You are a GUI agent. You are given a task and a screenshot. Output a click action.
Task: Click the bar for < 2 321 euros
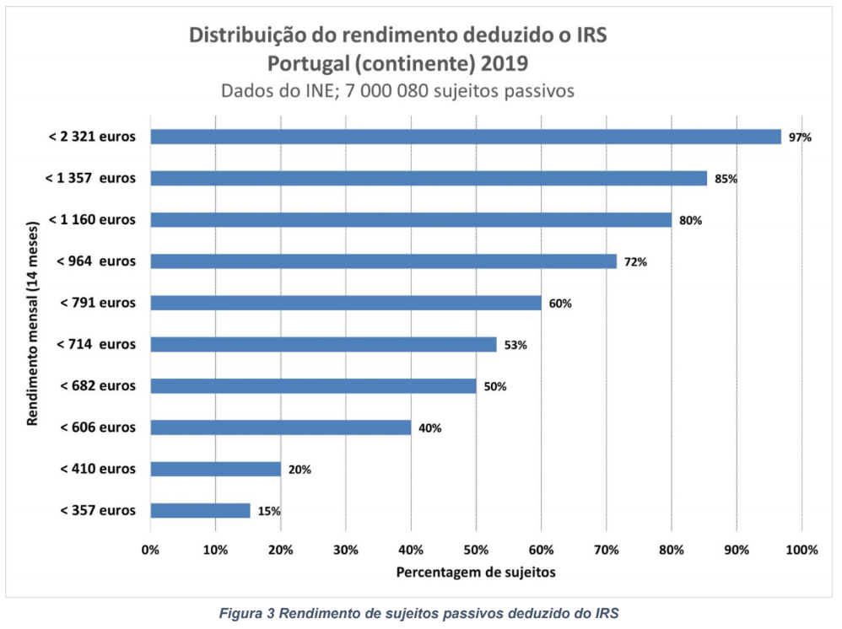[466, 137]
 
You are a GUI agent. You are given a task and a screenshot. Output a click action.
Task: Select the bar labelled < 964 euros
[384, 261]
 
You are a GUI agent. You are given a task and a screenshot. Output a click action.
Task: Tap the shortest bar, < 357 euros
[201, 510]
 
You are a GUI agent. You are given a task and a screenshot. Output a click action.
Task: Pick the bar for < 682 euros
[313, 386]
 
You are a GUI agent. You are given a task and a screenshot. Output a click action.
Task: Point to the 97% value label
[800, 137]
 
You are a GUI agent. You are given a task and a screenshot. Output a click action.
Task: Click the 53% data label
[515, 345]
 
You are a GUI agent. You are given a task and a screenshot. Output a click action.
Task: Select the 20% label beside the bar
[300, 470]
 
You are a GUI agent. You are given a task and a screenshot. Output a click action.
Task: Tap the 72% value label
[635, 262]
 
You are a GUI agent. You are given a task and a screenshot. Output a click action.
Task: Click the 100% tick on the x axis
[802, 550]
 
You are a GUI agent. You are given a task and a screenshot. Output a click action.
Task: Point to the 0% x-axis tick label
[150, 550]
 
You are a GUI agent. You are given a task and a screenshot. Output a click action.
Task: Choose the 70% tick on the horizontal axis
[606, 550]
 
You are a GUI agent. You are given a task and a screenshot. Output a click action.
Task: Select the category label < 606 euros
[98, 427]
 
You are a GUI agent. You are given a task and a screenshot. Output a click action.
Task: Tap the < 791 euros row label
[98, 303]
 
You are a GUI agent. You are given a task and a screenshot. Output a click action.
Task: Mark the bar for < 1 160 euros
[411, 220]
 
